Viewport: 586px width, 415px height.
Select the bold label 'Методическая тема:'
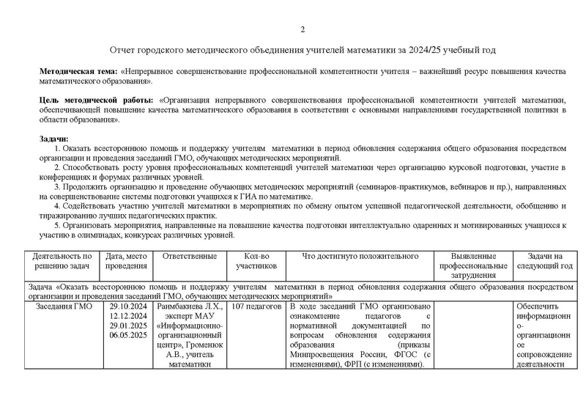coord(79,70)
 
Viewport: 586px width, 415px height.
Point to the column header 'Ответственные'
coord(190,256)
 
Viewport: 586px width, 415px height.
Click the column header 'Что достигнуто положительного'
coord(360,256)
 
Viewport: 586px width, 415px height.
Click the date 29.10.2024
coord(127,306)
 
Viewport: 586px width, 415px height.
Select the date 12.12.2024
coord(127,316)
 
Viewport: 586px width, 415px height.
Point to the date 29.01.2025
coord(127,326)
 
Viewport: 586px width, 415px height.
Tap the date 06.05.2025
coord(127,335)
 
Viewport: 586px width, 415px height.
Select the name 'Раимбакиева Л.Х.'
coord(190,306)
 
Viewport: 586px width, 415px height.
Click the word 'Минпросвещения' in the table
coord(323,354)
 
